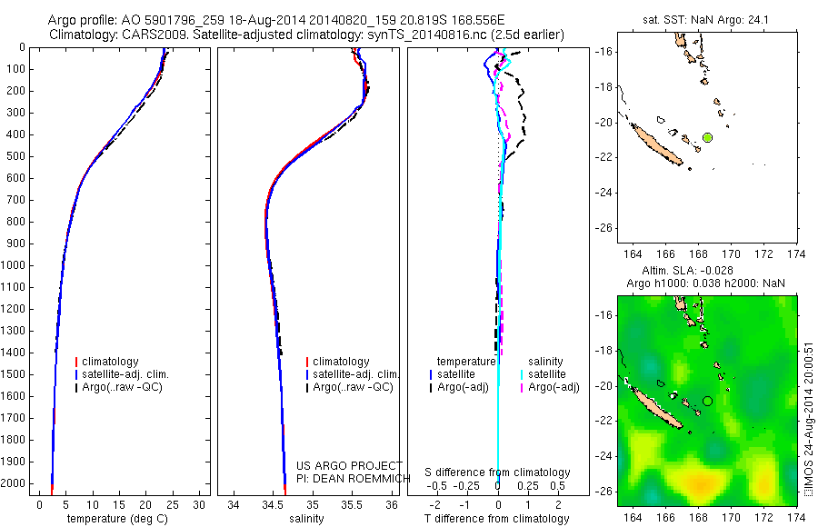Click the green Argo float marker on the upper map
(707, 137)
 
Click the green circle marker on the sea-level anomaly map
(707, 400)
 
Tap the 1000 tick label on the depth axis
(16, 265)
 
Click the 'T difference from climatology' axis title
(498, 519)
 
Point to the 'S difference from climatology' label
(498, 472)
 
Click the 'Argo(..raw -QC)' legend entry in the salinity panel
(353, 387)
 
